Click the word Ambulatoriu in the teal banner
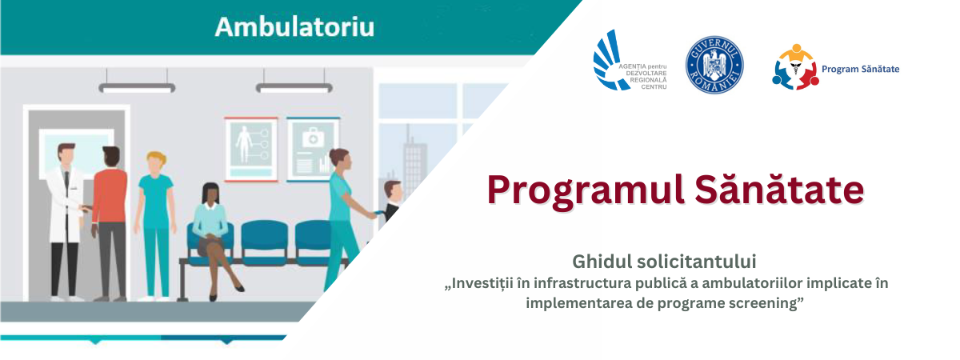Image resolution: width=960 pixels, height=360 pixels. coord(294,26)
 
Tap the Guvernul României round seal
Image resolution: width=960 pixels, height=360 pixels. coord(714,65)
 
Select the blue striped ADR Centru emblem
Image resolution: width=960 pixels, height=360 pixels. coord(610,60)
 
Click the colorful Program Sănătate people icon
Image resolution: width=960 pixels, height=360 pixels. coord(795,67)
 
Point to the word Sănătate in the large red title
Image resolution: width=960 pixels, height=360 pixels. coord(779,190)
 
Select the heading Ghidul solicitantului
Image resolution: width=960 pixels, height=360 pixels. coord(664,262)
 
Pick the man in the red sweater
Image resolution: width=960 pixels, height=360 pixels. coord(110,223)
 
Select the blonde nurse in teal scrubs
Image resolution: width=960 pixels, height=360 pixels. coord(155,224)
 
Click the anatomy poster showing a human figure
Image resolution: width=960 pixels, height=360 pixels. coord(250,149)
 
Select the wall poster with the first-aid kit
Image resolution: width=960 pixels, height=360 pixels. coord(314,149)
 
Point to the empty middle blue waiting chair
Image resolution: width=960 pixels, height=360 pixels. coord(264,242)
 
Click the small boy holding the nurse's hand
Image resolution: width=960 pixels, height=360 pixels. coord(391,200)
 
